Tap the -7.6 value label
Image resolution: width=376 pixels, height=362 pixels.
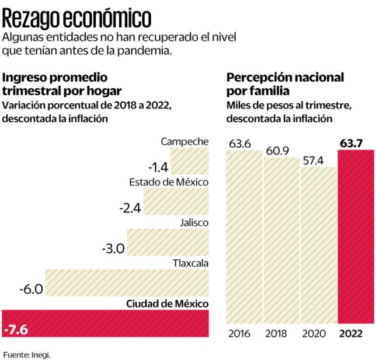click(16, 329)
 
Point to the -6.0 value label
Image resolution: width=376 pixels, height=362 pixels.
click(31, 289)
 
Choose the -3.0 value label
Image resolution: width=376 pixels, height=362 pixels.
click(113, 249)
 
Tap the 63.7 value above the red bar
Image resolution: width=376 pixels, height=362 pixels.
click(354, 142)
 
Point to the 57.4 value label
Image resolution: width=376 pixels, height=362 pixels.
click(317, 159)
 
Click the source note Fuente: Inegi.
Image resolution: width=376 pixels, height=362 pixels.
click(27, 354)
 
